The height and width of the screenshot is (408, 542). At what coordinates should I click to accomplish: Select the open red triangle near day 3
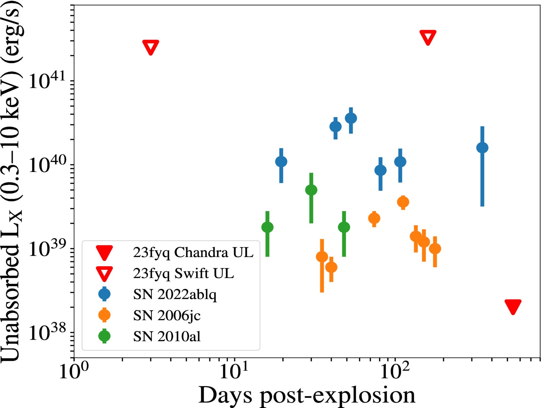coord(151,47)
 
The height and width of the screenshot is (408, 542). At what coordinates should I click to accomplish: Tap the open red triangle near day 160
coord(428,37)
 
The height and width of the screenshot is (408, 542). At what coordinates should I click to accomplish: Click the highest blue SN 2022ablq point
coord(351,118)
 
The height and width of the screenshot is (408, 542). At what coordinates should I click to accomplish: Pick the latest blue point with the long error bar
coord(482,148)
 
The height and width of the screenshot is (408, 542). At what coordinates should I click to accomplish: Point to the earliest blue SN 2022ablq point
coord(281,161)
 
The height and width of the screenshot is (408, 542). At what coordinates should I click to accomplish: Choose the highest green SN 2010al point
coord(311,190)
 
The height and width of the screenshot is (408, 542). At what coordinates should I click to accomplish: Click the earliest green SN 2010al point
coord(267,227)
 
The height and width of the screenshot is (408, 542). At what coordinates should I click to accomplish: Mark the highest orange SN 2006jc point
coord(403,202)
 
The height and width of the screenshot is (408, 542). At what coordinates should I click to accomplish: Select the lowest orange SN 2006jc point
coord(331,267)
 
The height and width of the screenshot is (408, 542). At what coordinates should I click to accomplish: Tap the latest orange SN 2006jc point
coord(435,248)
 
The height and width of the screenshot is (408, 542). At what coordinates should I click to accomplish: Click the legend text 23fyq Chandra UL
coord(193,253)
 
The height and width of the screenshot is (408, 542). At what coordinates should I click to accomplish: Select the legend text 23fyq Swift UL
coord(183,274)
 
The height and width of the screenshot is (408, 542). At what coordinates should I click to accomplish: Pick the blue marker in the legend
coord(104,294)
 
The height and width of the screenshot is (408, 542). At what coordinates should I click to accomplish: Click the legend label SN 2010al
coord(167,336)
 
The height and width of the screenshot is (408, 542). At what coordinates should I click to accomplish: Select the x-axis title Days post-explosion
coord(306,395)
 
